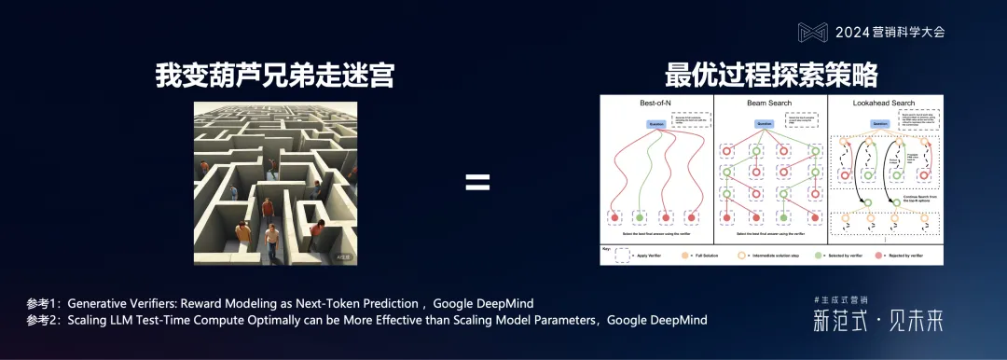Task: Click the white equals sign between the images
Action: (477, 183)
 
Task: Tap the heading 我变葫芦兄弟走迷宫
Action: (275, 76)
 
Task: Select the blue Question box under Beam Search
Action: (765, 123)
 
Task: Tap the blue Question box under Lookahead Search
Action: (878, 123)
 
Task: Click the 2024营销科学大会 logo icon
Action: (812, 32)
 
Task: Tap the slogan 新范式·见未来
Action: (877, 322)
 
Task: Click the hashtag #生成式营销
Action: (841, 299)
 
